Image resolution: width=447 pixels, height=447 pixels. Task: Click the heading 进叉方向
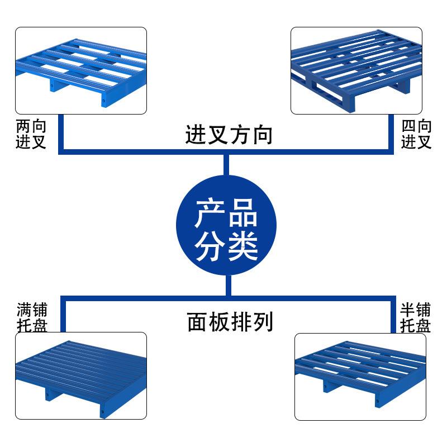(229, 135)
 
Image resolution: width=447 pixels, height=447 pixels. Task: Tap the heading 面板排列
(230, 322)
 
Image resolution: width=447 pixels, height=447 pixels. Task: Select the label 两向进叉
(31, 135)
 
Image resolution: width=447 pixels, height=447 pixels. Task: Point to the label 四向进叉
(416, 135)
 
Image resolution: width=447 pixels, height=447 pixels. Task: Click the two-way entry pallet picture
(80, 70)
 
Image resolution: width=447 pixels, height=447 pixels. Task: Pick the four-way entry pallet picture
(356, 70)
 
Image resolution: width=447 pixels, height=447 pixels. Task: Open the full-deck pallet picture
(80, 375)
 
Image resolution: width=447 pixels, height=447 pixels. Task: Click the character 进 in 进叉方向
(196, 135)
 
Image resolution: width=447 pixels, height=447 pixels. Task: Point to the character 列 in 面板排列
(262, 322)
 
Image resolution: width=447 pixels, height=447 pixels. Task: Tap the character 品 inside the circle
(242, 213)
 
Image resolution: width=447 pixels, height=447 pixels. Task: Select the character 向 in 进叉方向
(262, 135)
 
